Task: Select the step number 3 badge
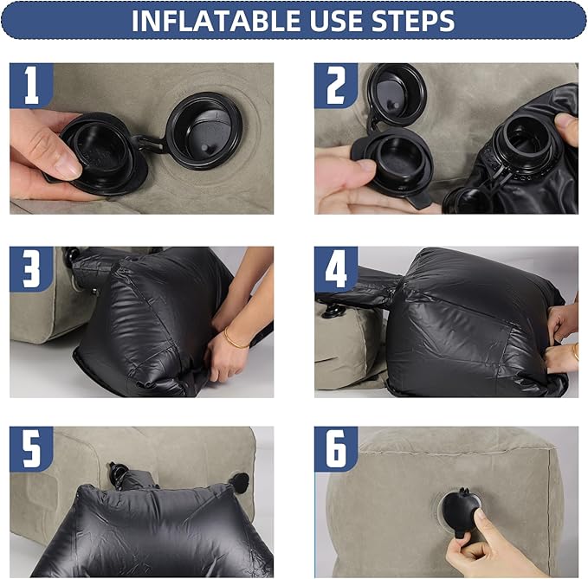click(31, 268)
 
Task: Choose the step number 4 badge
click(336, 268)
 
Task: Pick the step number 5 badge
click(31, 449)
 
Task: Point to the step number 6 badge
click(336, 449)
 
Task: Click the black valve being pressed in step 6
click(463, 510)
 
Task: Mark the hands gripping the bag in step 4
click(563, 338)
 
